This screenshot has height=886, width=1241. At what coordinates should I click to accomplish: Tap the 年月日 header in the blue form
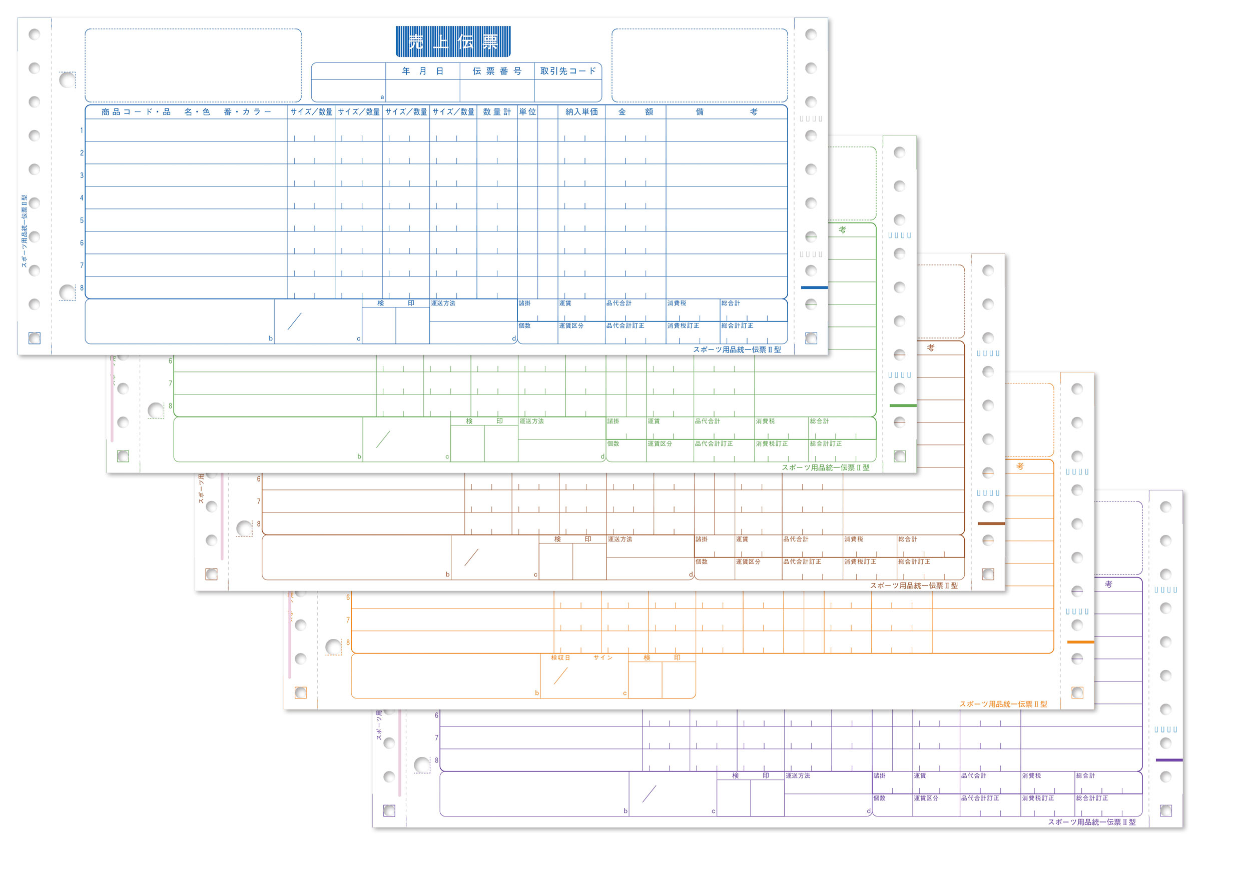pyautogui.click(x=422, y=71)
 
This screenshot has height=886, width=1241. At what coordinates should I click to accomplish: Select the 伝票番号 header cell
pyautogui.click(x=496, y=71)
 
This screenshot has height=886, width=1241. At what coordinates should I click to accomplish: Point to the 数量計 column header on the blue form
pyautogui.click(x=496, y=112)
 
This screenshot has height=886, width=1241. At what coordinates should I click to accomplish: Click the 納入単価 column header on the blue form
pyautogui.click(x=581, y=112)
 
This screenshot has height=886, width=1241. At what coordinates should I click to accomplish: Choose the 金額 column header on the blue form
pyautogui.click(x=635, y=112)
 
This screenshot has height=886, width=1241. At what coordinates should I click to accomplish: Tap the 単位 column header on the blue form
pyautogui.click(x=527, y=112)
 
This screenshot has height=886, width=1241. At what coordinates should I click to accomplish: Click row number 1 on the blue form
pyautogui.click(x=82, y=130)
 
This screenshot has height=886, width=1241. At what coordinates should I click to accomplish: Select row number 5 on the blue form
pyautogui.click(x=82, y=220)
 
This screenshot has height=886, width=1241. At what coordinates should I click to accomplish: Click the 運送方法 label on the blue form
pyautogui.click(x=443, y=303)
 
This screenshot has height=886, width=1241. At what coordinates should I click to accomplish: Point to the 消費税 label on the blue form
pyautogui.click(x=677, y=303)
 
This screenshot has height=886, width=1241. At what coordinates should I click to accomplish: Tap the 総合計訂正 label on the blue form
pyautogui.click(x=737, y=325)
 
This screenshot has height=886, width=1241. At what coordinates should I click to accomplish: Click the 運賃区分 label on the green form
pyautogui.click(x=660, y=443)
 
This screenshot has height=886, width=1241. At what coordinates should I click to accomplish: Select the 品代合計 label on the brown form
pyautogui.click(x=796, y=539)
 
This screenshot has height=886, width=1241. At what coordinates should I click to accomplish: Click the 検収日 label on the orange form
pyautogui.click(x=560, y=657)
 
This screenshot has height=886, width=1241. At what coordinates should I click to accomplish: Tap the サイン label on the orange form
pyautogui.click(x=603, y=657)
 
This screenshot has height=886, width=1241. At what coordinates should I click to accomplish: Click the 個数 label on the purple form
pyautogui.click(x=879, y=798)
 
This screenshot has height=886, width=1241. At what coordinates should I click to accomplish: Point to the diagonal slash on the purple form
pyautogui.click(x=649, y=794)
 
